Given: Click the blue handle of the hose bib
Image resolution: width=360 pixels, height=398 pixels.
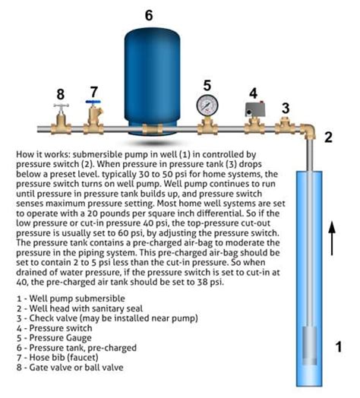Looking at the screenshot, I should [93, 103].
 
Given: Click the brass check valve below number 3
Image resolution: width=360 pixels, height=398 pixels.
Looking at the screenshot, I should [285, 122].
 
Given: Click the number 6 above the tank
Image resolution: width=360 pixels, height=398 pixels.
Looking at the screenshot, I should [149, 14].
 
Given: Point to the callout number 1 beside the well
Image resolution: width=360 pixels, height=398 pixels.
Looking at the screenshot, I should [340, 349].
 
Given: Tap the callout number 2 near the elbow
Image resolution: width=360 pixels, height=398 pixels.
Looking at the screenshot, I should [329, 137].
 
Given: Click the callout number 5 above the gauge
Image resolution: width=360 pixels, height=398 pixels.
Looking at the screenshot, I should [207, 84].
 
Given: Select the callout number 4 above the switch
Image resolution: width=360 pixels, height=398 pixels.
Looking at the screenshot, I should [254, 93].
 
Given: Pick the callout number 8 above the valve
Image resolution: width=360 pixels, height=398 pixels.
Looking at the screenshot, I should [60, 94].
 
